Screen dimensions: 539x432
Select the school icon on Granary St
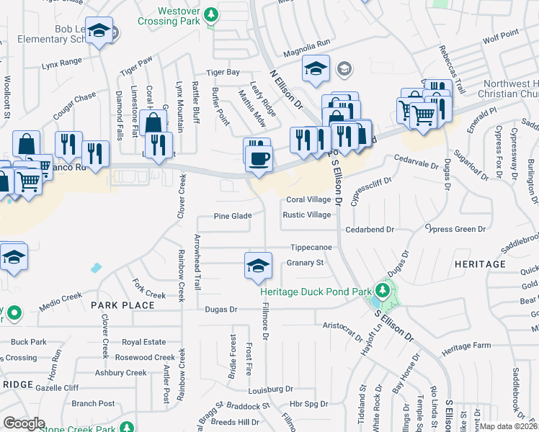[x=258, y=265]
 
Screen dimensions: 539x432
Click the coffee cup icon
[x=259, y=157]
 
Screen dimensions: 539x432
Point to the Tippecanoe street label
[x=311, y=247]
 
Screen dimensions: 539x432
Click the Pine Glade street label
[x=233, y=216]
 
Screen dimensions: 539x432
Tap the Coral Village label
[x=309, y=199]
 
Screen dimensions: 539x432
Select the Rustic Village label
[x=307, y=215]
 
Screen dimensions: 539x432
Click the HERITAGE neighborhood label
[x=480, y=264]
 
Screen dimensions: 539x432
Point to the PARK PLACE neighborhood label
[x=122, y=305]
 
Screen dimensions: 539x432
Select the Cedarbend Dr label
[x=370, y=230]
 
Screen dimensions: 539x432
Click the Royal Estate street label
[x=143, y=343]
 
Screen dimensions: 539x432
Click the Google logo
[x=24, y=423]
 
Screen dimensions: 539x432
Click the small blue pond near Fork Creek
[x=96, y=269]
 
